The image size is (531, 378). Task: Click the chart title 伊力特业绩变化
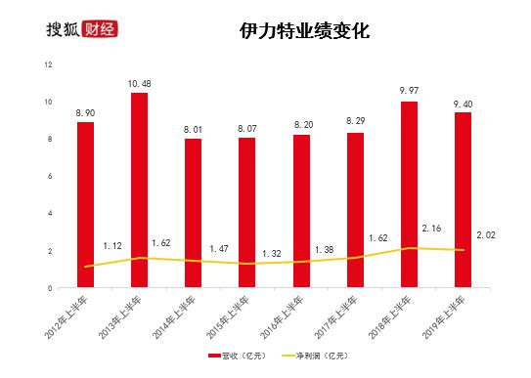coord(303,30)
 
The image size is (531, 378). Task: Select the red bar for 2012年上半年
coord(86,204)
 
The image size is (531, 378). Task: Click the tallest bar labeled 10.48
coord(139,189)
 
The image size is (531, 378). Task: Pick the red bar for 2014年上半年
coord(194,213)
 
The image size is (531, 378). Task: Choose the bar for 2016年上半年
coord(301,211)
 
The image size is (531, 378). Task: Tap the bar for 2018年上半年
coord(409,194)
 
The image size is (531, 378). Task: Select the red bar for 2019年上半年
coord(463,199)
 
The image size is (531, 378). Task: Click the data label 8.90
coord(86,111)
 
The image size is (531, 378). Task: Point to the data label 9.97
coord(409,91)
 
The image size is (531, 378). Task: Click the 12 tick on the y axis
coord(48,64)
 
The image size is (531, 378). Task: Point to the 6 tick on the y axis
coord(50,177)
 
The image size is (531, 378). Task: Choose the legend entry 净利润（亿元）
coord(310,357)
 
